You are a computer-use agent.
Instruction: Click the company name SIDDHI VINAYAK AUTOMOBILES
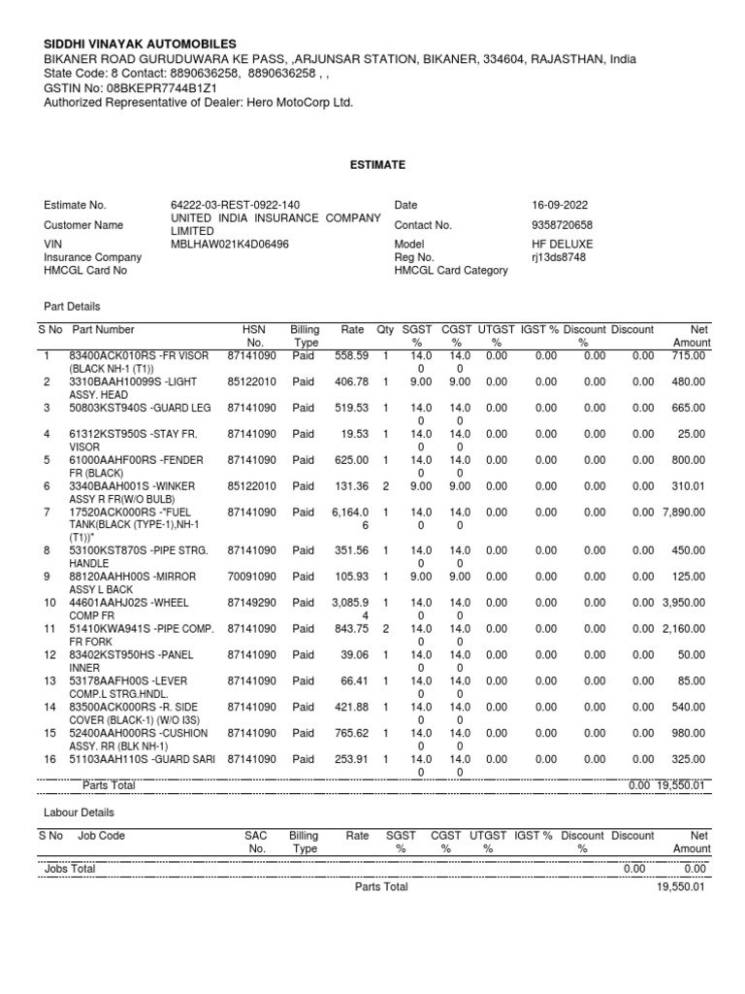(x=141, y=45)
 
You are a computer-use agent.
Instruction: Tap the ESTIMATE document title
(x=377, y=166)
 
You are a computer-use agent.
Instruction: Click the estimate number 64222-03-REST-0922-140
(x=228, y=206)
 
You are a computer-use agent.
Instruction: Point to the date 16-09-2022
(x=560, y=206)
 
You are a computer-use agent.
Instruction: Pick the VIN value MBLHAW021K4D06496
(x=229, y=244)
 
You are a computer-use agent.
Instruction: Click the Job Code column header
(x=101, y=835)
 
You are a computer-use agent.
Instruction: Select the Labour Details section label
(x=79, y=812)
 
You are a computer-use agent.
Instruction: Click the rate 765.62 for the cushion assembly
(x=350, y=732)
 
